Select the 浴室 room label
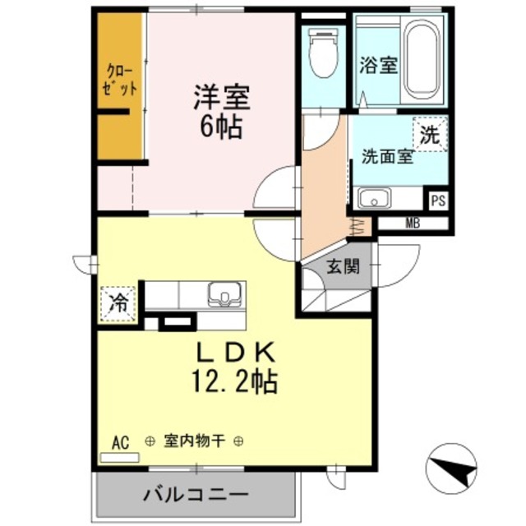coord(378,66)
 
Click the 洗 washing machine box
coord(430,135)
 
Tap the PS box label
coord(438,199)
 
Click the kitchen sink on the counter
coord(222,293)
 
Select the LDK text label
coord(234,352)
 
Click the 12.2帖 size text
coord(233,381)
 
